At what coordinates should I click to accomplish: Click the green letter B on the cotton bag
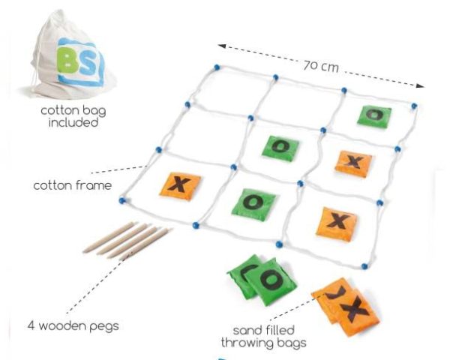67,61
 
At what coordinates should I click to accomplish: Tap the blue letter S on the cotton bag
89,64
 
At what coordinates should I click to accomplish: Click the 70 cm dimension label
321,66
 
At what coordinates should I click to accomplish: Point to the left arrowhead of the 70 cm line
221,46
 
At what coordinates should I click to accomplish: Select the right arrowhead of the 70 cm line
420,85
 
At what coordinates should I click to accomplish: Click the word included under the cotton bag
73,122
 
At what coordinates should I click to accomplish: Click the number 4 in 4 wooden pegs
31,325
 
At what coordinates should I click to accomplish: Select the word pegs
104,327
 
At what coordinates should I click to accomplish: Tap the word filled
279,330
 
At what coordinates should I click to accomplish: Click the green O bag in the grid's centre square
280,148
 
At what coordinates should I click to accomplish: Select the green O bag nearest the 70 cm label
374,116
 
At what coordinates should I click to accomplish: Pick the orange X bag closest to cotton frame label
180,186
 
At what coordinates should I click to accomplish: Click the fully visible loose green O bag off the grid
270,281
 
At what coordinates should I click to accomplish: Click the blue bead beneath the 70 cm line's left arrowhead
217,67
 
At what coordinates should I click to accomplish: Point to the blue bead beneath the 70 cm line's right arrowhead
413,106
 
